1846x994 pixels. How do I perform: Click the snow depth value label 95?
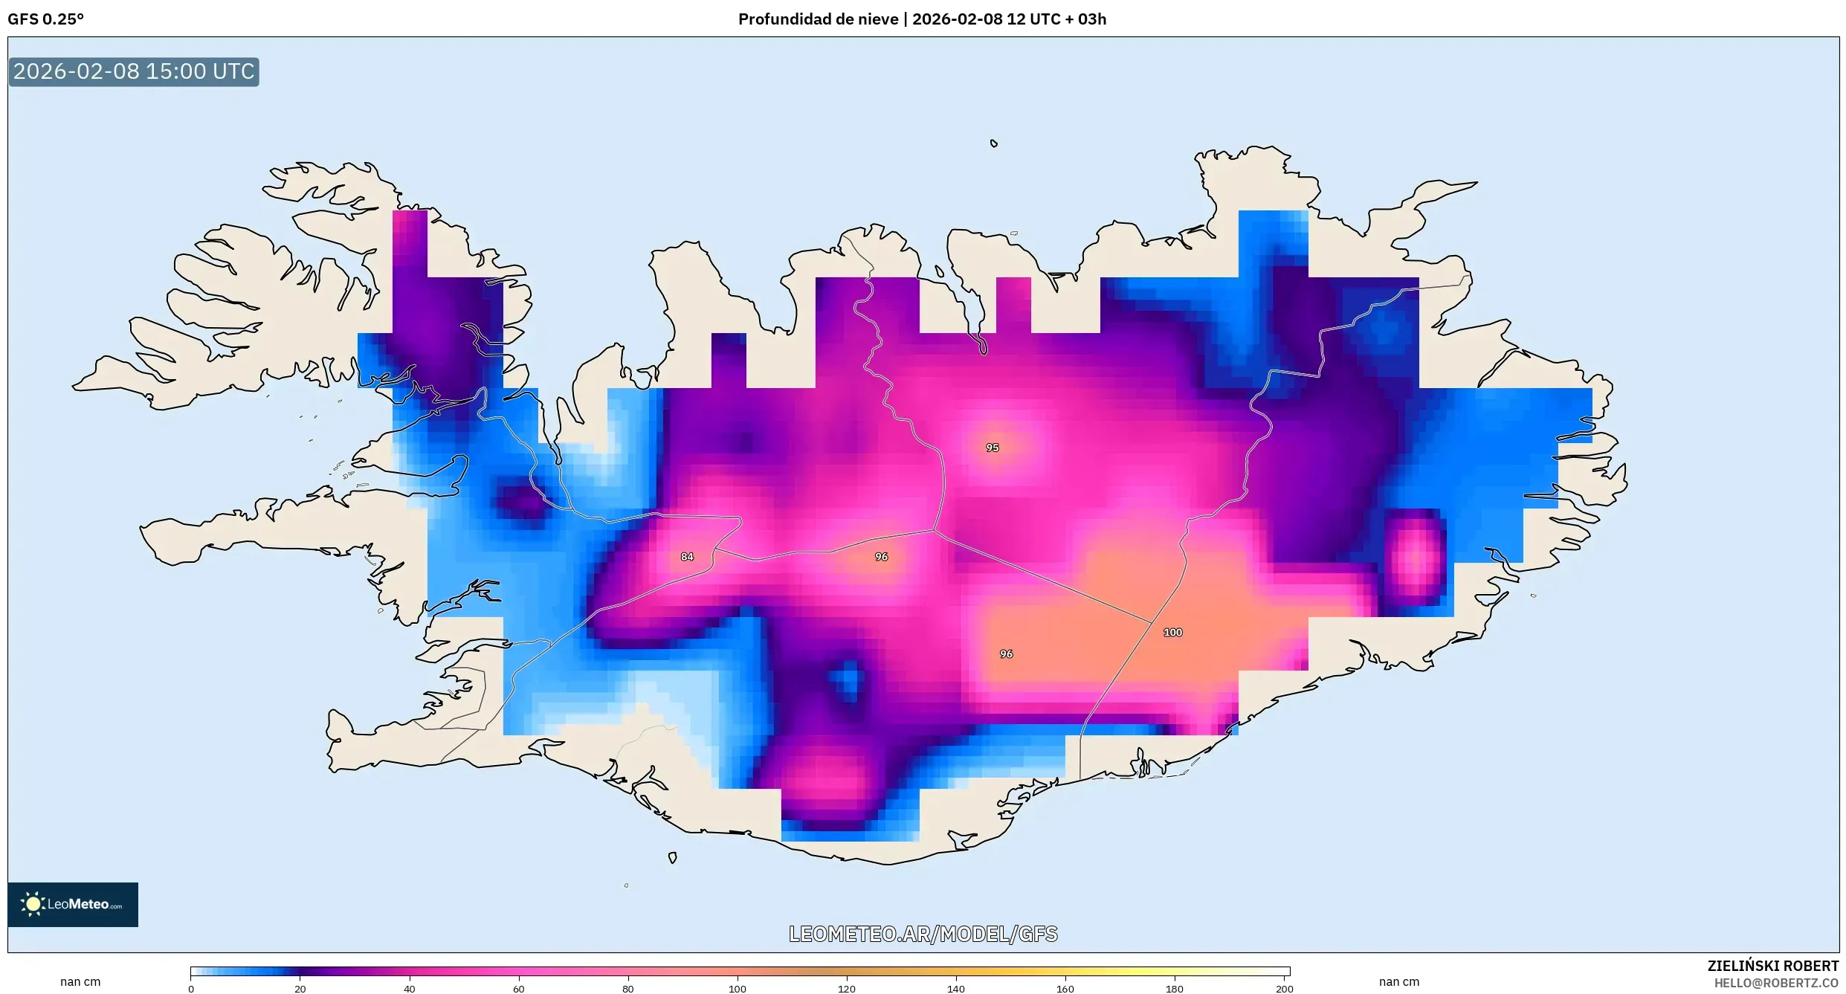coord(992,448)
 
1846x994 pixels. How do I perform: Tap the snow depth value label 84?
coord(687,557)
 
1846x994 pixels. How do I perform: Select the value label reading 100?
coord(1172,633)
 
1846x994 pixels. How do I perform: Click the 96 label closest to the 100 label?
coord(1006,654)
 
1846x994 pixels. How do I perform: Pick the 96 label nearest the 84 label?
coord(881,557)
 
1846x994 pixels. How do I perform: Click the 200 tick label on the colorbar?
coord(1284,989)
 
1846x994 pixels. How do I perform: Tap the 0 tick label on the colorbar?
coord(191,989)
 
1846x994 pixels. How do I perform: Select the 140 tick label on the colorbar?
coord(955,989)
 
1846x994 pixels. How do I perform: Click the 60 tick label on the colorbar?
coord(518,989)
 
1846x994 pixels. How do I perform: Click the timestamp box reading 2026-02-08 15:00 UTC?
coord(134,72)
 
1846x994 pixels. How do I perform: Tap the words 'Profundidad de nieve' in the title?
coord(818,19)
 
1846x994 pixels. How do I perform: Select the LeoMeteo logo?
coord(73,904)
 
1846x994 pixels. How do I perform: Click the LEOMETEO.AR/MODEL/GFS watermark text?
coord(923,934)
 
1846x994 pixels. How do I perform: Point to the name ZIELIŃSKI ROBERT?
coord(1772,966)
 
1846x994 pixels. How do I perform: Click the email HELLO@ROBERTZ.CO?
coord(1775,983)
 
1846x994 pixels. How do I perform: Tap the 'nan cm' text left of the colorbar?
coord(80,982)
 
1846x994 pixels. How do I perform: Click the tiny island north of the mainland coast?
coord(994,143)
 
